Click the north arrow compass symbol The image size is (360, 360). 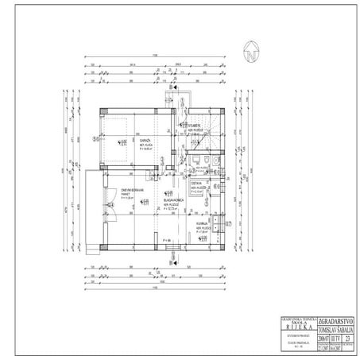[x=250, y=55]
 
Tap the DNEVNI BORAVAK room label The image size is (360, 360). [x=109, y=192]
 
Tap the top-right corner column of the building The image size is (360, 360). [x=226, y=109]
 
